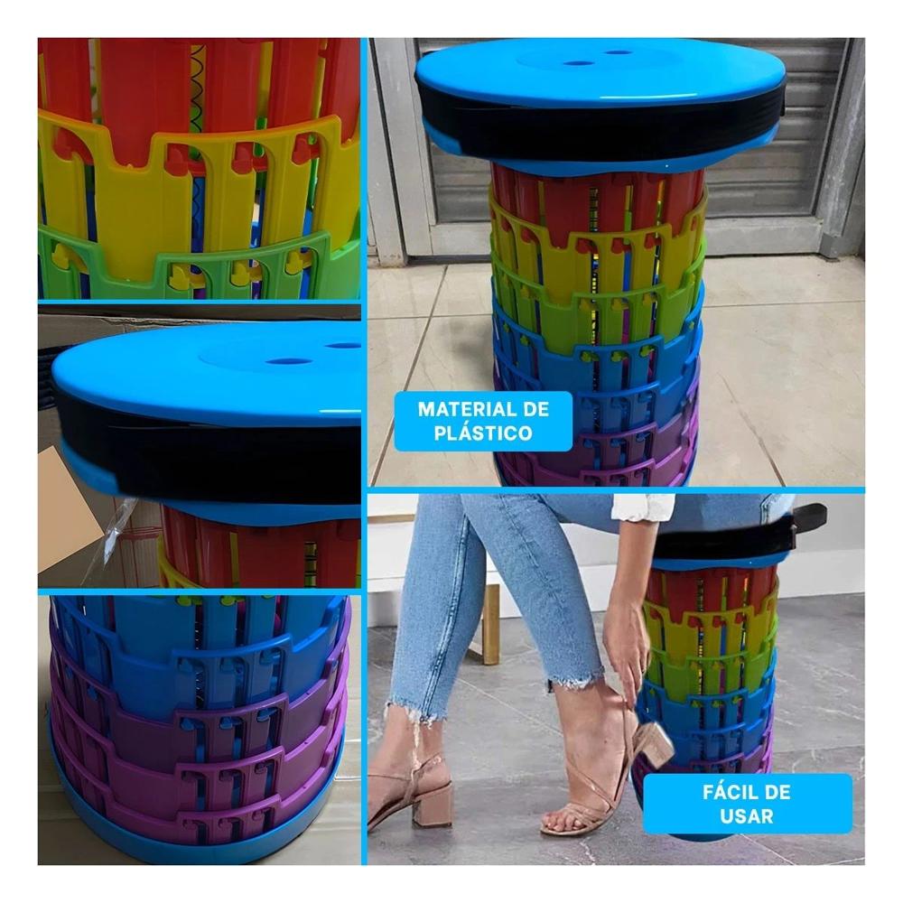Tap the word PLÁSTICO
coord(483,433)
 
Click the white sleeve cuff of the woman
coord(642,506)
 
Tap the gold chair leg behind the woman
coord(491,623)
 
